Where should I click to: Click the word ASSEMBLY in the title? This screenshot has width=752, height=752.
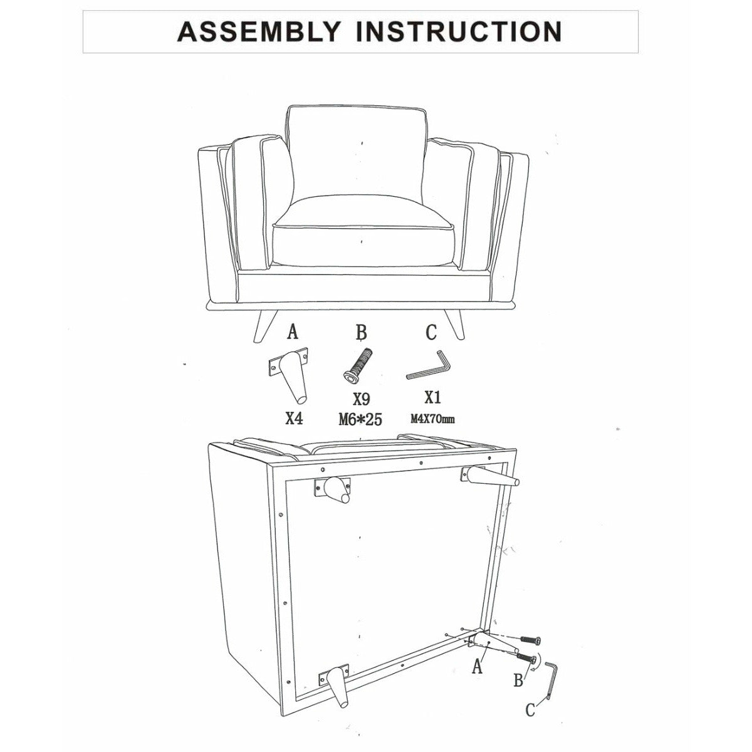259,31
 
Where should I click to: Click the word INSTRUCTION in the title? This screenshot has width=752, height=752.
459,31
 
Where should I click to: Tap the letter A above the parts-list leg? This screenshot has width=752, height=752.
292,333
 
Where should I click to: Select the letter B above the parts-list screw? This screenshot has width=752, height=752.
362,333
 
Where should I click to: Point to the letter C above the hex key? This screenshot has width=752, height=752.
431,333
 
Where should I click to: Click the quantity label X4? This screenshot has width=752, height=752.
294,419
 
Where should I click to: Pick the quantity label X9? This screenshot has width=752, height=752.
361,399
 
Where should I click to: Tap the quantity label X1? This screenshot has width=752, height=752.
432,398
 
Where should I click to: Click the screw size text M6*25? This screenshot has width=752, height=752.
360,419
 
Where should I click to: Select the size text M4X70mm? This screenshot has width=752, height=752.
432,419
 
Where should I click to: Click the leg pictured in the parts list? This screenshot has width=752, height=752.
291,375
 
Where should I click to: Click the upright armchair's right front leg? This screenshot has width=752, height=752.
454,325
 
